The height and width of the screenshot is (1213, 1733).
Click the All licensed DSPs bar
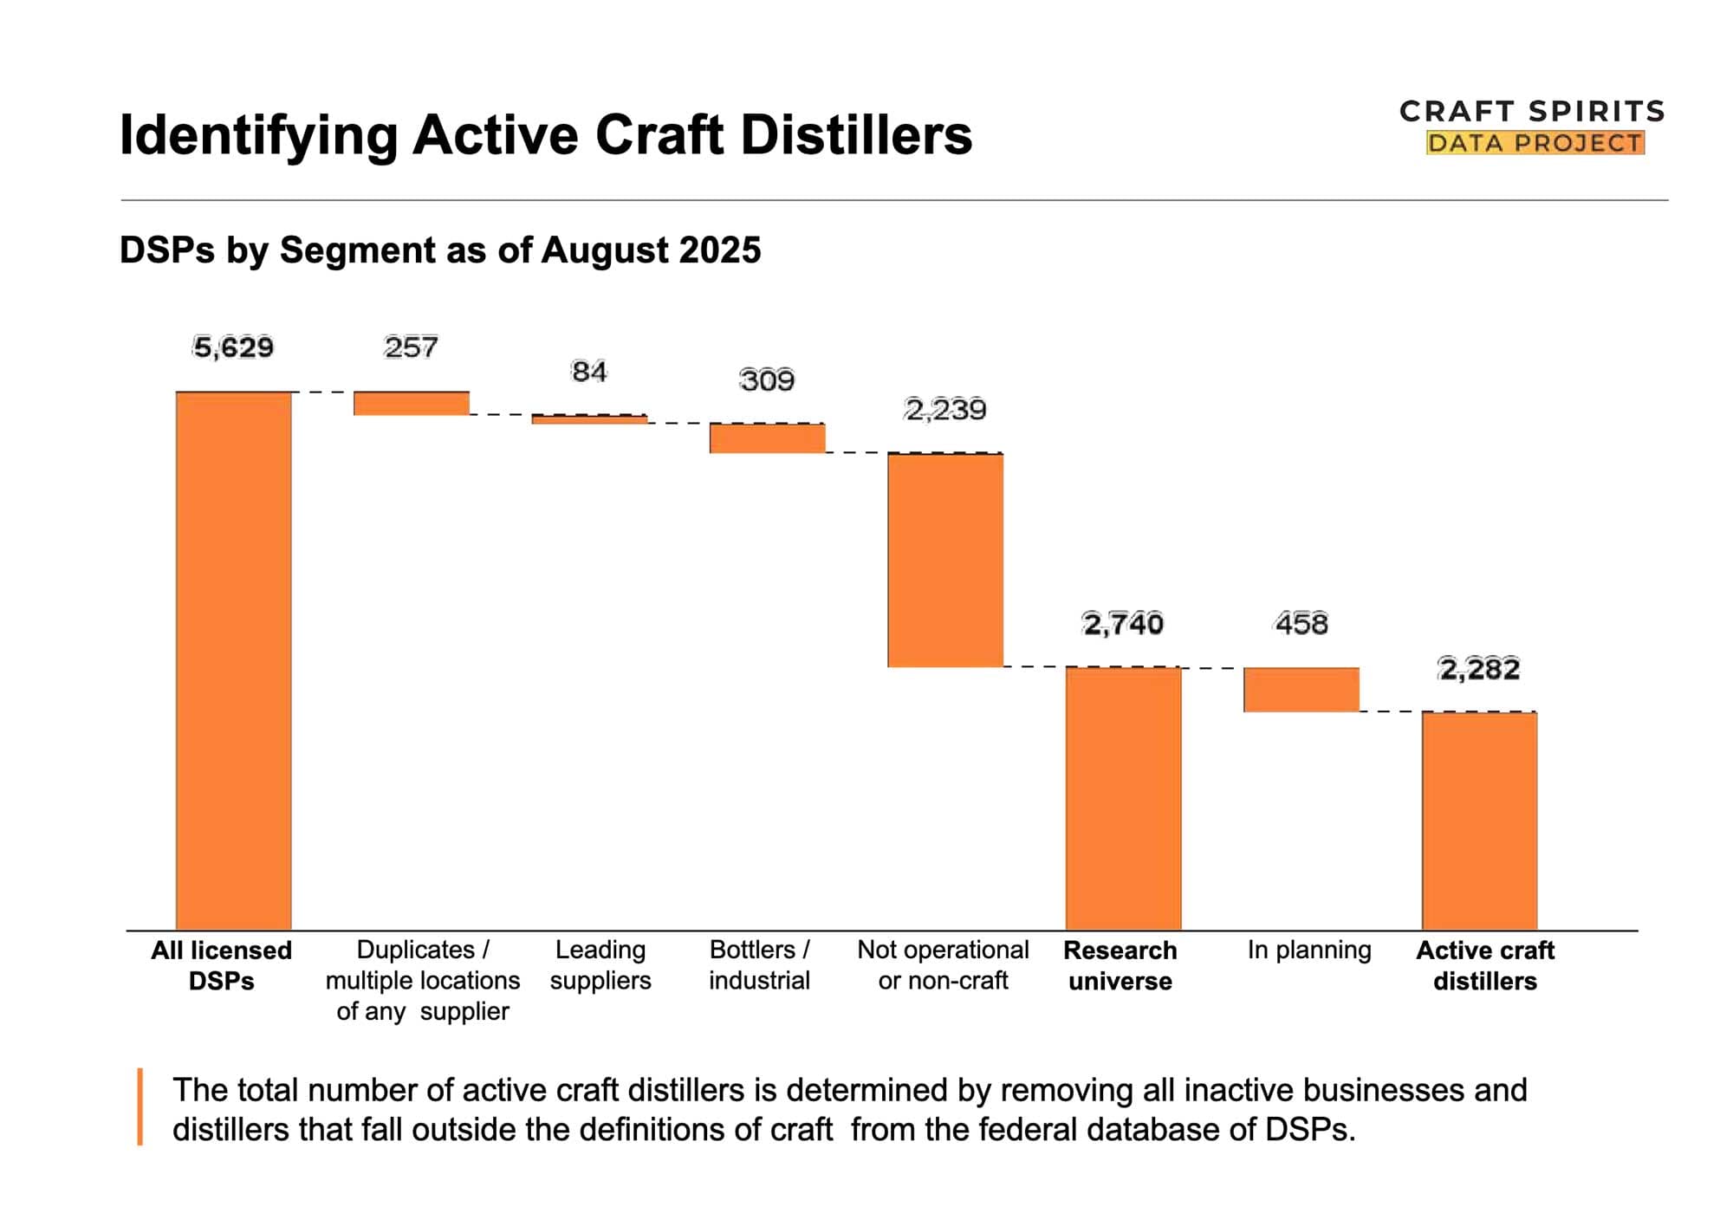point(233,660)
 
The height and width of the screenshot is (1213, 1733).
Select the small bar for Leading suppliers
point(589,419)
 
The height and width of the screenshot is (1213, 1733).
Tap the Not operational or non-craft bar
point(945,560)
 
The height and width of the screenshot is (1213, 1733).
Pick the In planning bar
point(1301,690)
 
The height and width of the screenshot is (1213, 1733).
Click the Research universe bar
point(1123,798)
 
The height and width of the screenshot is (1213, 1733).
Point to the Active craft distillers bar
point(1479,821)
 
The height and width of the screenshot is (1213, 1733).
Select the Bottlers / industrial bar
point(767,438)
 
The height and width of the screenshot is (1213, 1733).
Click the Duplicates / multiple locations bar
point(411,404)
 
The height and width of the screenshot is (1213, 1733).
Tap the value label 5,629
point(233,347)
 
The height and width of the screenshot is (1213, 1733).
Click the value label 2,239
point(945,409)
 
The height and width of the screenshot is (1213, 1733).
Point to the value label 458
point(1301,623)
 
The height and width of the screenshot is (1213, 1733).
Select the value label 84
point(589,372)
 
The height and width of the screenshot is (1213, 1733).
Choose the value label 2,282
point(1479,669)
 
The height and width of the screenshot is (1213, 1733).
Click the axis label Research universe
point(1120,965)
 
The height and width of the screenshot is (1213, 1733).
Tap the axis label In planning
point(1308,950)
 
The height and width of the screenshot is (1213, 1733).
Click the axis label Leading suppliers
point(600,965)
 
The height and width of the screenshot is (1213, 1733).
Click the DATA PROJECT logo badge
point(1535,143)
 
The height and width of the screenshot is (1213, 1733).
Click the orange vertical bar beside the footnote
point(140,1106)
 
